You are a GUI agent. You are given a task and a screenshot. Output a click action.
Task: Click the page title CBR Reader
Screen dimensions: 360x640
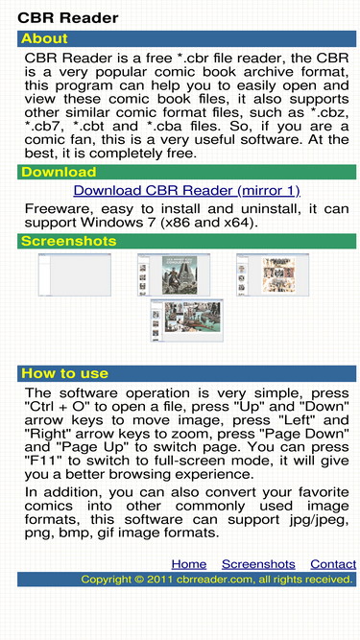coord(68,18)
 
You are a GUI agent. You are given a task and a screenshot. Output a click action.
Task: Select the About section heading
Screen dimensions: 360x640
coord(44,38)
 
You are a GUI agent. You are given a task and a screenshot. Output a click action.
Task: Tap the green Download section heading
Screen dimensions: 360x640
coord(59,172)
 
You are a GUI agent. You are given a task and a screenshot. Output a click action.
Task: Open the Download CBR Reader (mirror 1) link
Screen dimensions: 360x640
coord(187,191)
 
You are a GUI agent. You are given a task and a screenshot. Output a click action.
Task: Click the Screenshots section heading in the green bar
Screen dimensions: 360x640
coord(68,241)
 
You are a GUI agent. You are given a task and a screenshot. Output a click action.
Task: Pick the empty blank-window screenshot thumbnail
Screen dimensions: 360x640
coord(75,274)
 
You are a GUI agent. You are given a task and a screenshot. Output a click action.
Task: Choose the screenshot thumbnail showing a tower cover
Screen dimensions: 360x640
coord(174,274)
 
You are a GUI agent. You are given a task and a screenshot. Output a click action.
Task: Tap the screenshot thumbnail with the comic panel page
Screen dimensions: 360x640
coord(273,274)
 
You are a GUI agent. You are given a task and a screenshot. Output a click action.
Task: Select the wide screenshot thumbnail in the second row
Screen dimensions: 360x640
coord(187,320)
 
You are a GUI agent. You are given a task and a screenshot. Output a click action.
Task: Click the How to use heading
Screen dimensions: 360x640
coord(64,373)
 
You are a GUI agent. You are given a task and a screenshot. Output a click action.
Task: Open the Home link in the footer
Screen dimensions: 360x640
coord(189,564)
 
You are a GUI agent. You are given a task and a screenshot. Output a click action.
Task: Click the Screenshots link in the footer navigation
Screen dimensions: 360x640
coord(258,564)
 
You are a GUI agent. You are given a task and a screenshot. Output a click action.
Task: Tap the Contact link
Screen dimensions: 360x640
coord(333,564)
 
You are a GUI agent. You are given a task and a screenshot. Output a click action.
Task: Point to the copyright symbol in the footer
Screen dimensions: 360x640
coord(139,580)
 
